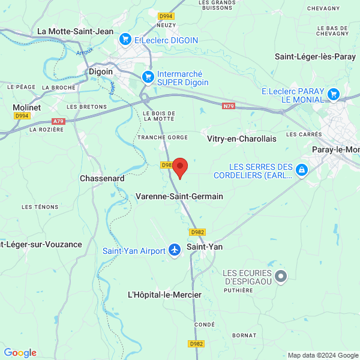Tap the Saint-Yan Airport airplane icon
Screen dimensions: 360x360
coord(175,250)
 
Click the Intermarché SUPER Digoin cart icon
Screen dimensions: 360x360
coord(148,77)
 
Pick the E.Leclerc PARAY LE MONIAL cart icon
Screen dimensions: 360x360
coord(334,94)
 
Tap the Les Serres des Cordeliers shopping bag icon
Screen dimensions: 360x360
coord(302,170)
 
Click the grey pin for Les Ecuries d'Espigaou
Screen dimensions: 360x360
coord(280,276)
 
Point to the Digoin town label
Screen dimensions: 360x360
coord(101,71)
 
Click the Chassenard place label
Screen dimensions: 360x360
coord(102,179)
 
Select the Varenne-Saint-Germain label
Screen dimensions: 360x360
coord(179,196)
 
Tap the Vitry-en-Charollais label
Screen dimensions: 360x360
coord(241,139)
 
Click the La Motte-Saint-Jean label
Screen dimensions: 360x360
coord(75,31)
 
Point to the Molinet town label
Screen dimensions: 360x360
coord(27,107)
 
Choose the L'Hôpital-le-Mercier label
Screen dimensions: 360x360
coord(164,295)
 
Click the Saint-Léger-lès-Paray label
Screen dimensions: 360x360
coord(315,57)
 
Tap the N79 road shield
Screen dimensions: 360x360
coord(228,106)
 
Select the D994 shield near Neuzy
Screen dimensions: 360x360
coord(166,16)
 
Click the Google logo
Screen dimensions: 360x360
coord(20,353)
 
